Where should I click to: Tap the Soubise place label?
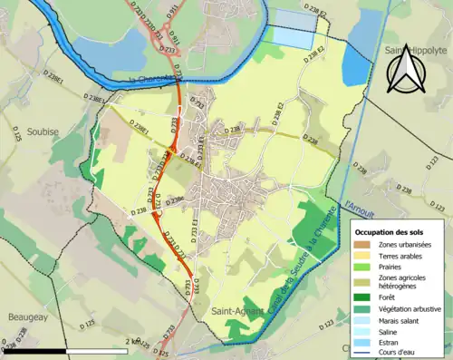(41, 131)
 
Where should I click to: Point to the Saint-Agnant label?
(233, 311)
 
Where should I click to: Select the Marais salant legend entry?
(404, 320)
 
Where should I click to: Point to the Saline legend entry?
(391, 332)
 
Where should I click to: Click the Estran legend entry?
(391, 345)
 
